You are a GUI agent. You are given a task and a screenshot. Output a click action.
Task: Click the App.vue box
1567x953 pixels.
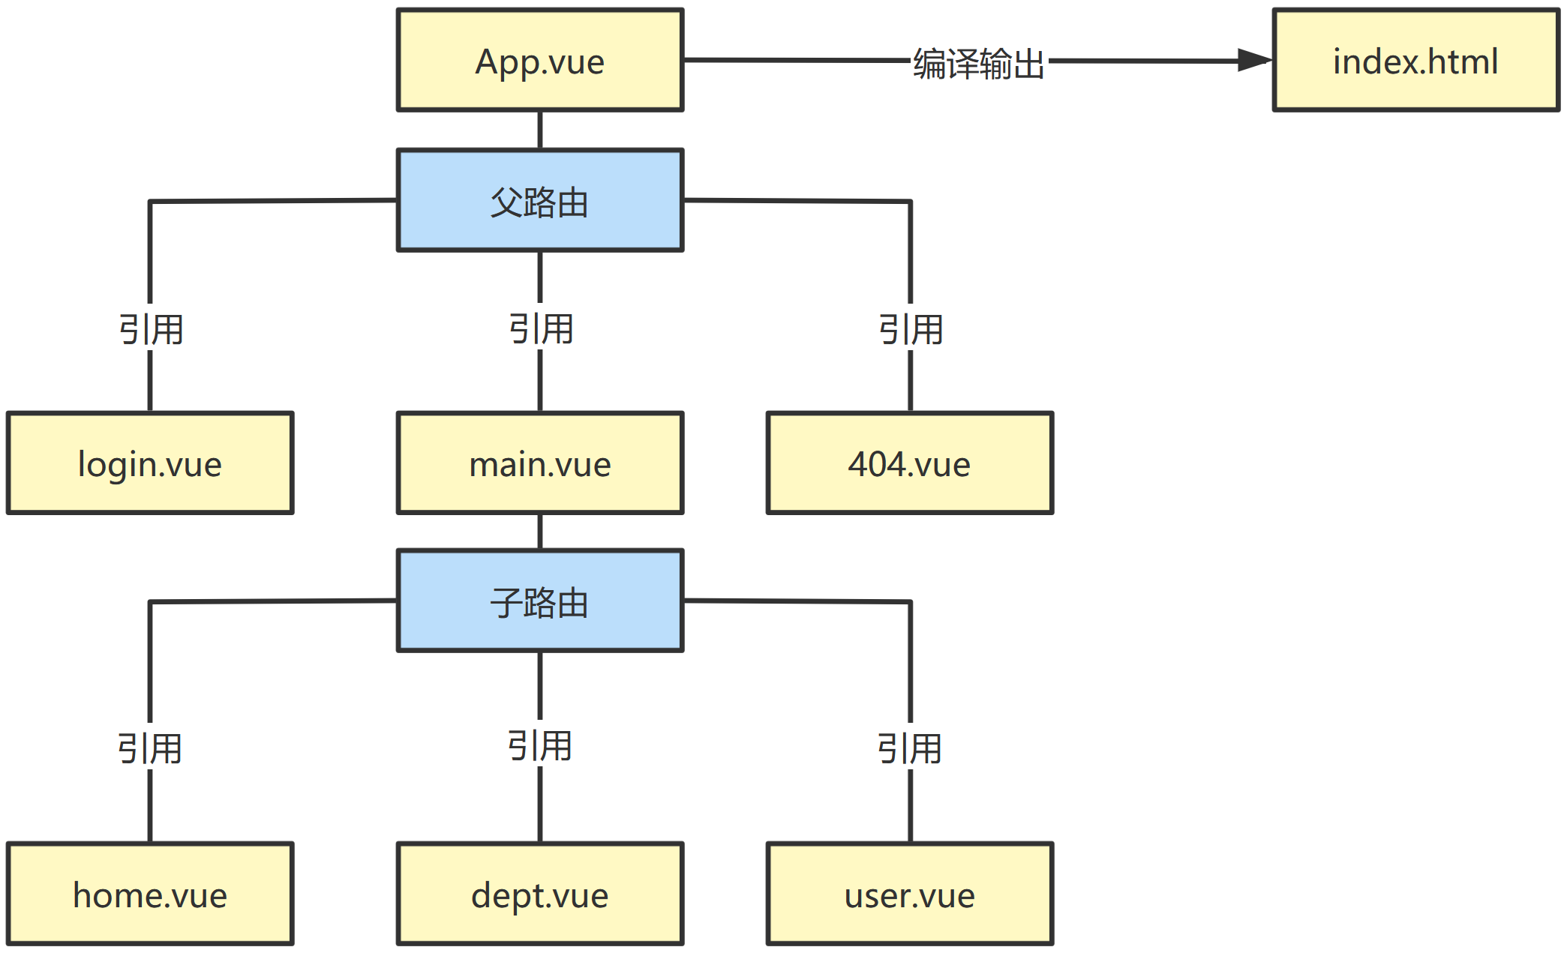coord(539,60)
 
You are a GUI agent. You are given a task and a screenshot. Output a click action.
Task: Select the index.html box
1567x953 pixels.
coord(1415,60)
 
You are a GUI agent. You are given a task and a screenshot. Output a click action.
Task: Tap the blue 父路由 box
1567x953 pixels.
coord(539,200)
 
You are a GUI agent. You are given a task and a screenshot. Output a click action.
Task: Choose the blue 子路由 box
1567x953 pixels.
coord(539,601)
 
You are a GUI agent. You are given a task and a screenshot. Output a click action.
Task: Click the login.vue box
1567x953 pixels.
coord(150,463)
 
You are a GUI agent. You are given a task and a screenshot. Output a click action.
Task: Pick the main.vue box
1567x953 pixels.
coord(539,463)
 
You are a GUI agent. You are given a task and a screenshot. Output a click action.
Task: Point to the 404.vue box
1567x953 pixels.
coord(909,463)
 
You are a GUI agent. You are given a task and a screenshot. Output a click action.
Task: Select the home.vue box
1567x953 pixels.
coord(150,894)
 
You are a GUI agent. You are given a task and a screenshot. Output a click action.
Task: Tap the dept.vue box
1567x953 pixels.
coord(539,894)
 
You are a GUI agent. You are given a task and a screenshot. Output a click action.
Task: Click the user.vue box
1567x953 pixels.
coord(909,894)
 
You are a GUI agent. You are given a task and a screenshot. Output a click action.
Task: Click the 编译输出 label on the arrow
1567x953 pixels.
coord(978,63)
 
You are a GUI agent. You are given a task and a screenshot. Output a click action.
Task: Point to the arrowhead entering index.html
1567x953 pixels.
coord(1254,61)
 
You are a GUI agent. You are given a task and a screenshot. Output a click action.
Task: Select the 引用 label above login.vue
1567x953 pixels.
coord(151,329)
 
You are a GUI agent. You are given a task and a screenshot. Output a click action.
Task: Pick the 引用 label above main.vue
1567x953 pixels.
coord(541,328)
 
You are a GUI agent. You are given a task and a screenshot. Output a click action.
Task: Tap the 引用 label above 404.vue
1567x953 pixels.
coord(911,329)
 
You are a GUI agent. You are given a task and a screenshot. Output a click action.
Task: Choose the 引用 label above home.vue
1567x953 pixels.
coord(149,748)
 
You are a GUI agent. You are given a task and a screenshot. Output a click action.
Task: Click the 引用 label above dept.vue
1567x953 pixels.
coord(539,745)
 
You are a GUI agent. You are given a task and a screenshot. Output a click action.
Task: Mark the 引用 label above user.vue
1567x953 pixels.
coord(909,748)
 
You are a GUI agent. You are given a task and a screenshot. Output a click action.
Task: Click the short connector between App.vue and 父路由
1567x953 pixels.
coord(540,130)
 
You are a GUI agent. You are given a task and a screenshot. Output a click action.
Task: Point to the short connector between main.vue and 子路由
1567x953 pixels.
coord(540,532)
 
